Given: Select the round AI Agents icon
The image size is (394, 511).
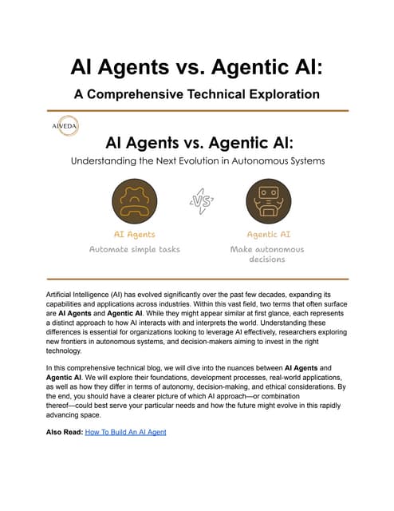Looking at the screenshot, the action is pyautogui.click(x=133, y=200).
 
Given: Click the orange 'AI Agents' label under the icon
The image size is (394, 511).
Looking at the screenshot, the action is pyautogui.click(x=133, y=235).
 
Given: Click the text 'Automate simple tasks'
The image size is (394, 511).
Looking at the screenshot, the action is pyautogui.click(x=133, y=249).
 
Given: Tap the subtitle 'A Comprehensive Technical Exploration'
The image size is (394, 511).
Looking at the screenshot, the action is pyautogui.click(x=197, y=93).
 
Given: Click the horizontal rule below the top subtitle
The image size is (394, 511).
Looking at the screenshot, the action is pyautogui.click(x=197, y=110).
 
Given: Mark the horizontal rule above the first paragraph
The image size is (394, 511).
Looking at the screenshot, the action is pyautogui.click(x=197, y=279).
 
